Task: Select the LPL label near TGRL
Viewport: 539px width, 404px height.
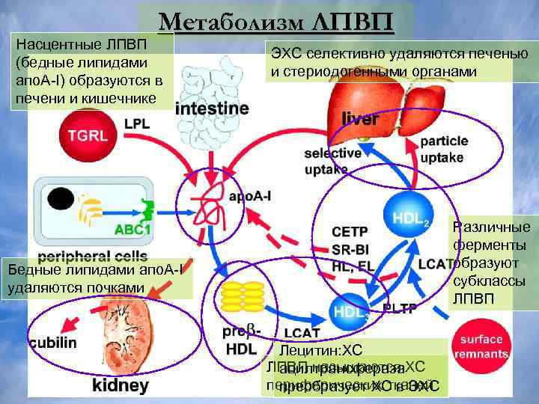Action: click(136, 124)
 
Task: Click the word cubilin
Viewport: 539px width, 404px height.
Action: click(53, 343)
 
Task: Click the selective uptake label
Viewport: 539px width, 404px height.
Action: click(332, 161)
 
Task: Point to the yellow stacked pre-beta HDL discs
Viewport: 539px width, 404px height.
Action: click(243, 297)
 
